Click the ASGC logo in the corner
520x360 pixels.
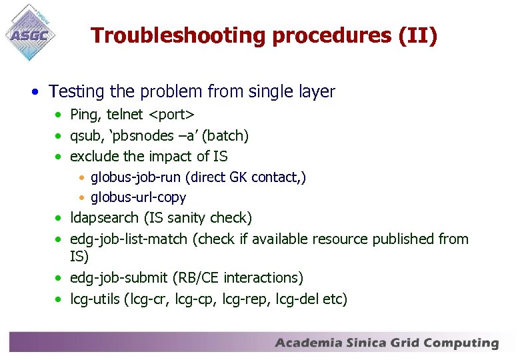pos(30,31)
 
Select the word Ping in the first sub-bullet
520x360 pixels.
pos(83,115)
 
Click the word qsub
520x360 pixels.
pos(85,136)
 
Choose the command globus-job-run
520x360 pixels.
pos(137,177)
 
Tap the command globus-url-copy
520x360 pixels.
pos(138,197)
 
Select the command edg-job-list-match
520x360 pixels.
pos(129,239)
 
